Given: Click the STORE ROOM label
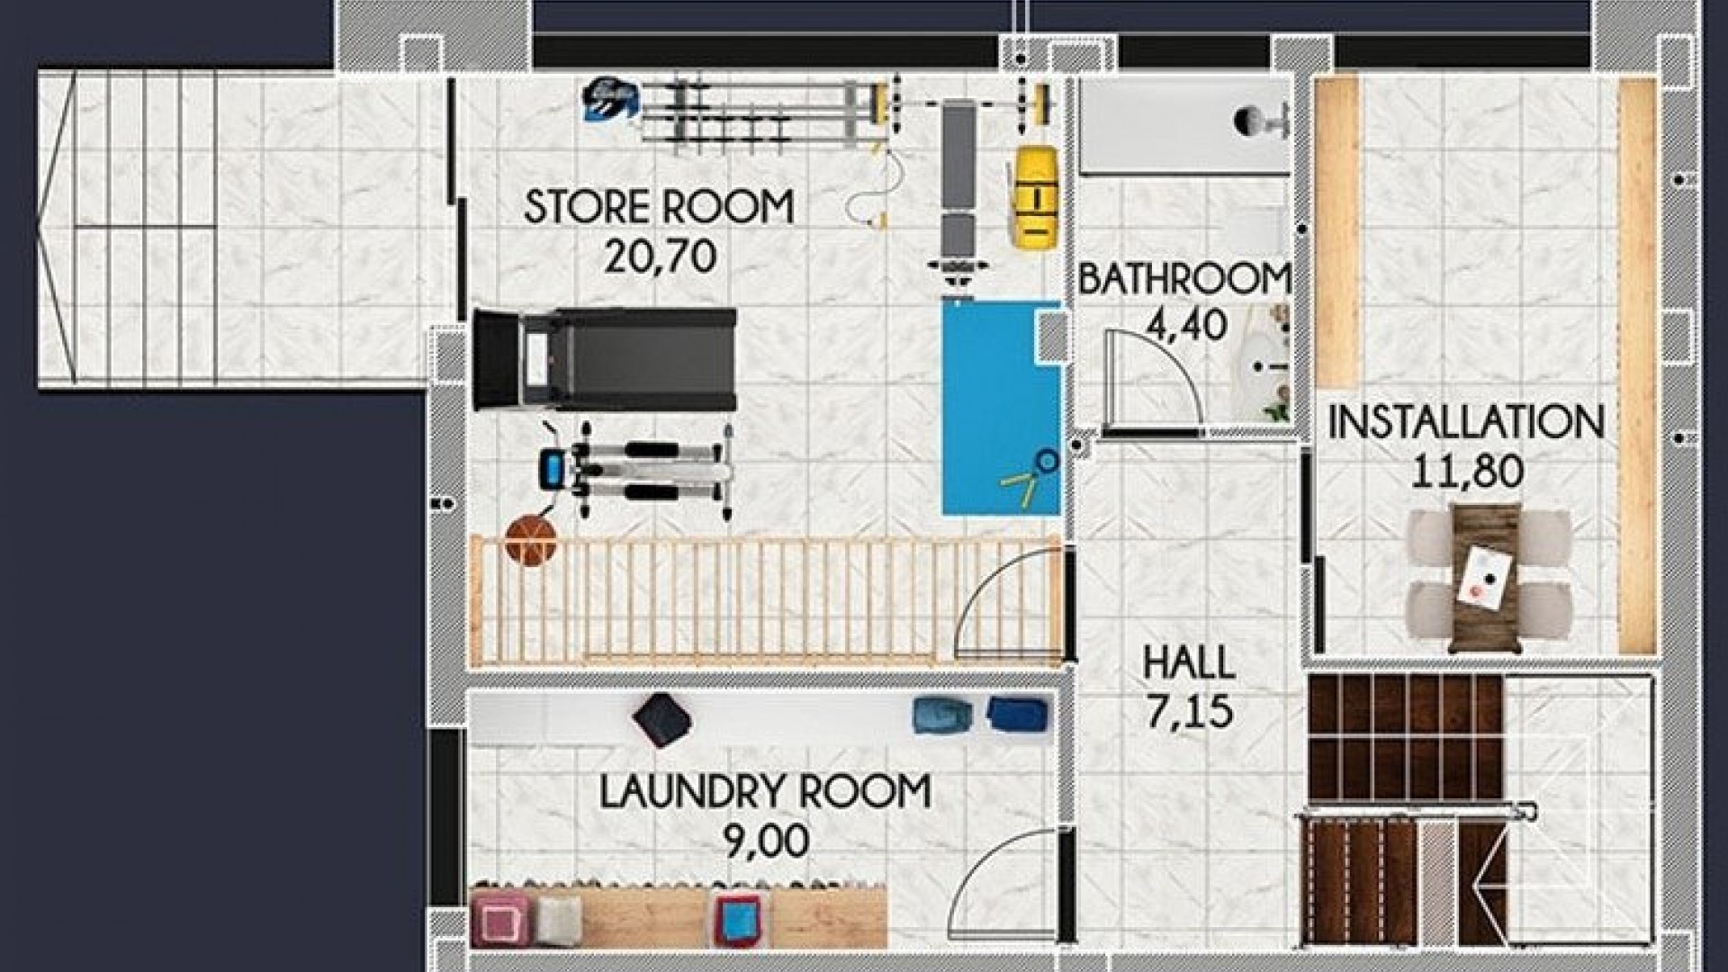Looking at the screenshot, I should tap(659, 206).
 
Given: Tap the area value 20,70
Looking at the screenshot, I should tap(660, 257).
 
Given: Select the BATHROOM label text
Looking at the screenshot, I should tap(1184, 278).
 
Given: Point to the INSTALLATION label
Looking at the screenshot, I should tap(1466, 422).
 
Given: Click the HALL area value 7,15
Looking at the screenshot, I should tap(1189, 712).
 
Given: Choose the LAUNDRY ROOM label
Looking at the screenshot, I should tap(765, 792).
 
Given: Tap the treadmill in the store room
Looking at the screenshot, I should tap(605, 356).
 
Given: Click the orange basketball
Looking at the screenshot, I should tap(531, 540).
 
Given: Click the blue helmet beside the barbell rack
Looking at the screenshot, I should tap(609, 97).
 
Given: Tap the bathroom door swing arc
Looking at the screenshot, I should tap(1156, 382).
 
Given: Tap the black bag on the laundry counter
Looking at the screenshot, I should tap(661, 720).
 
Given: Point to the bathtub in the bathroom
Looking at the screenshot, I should tap(1184, 125).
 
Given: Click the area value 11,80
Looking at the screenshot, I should tap(1466, 471).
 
